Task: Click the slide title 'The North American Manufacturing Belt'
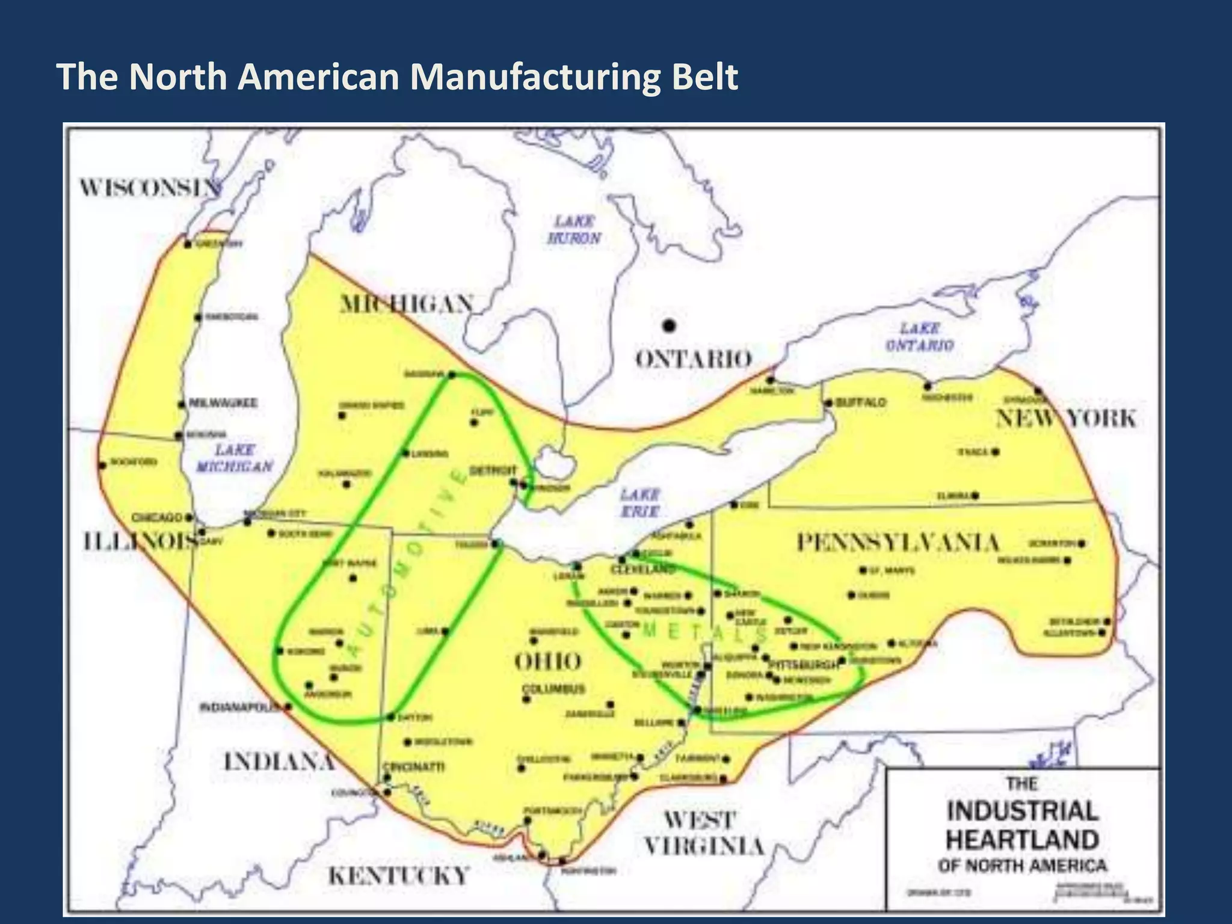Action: pos(397,77)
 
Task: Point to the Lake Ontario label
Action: pos(920,337)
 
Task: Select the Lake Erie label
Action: pos(640,503)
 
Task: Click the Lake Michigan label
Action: pos(235,458)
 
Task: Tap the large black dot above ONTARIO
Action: pos(669,326)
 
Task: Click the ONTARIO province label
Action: pos(694,360)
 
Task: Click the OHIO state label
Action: pos(547,662)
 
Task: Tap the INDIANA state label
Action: pos(279,762)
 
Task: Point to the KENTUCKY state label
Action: pos(398,875)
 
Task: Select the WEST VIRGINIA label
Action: pos(704,833)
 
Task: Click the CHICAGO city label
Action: pos(156,517)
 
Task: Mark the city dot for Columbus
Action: pos(526,699)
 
